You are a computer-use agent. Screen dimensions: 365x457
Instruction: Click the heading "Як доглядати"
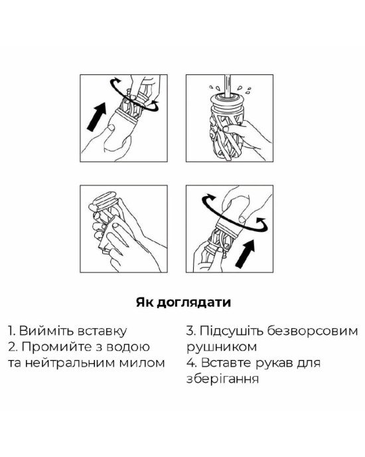point(183,303)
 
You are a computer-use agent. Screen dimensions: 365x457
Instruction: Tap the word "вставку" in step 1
point(102,331)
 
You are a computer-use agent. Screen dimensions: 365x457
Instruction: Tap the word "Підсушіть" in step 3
point(232,331)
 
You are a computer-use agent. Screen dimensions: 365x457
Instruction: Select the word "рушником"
point(222,347)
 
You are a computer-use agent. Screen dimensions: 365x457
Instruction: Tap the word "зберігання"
point(222,379)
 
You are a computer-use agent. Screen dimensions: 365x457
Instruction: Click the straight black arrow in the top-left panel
point(96,116)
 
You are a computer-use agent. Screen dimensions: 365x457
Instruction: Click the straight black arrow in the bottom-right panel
point(245,254)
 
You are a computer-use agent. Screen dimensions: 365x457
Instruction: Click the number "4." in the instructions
point(192,363)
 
